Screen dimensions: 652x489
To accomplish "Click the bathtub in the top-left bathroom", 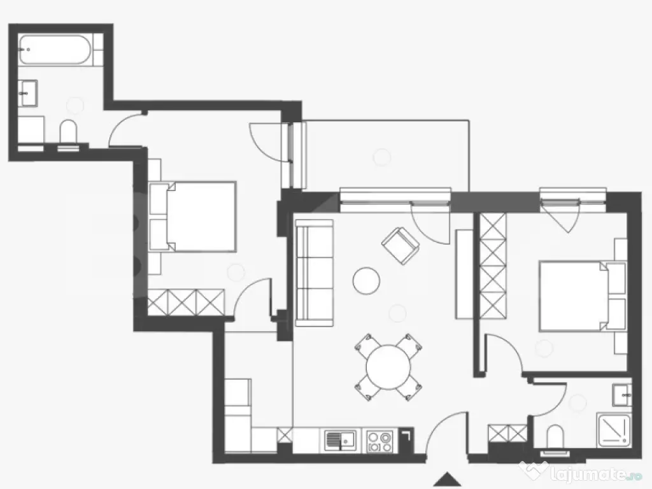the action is pos(55,50).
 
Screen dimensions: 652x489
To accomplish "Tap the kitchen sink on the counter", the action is pos(340,441).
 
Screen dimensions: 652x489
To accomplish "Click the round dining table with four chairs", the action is pos(388,367).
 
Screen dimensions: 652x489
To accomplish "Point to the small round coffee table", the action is pos(366,281).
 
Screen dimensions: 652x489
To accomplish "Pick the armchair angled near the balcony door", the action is pos(400,245).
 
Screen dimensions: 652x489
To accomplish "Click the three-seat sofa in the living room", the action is pos(315,273).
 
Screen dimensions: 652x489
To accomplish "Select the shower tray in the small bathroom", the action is pos(614,430).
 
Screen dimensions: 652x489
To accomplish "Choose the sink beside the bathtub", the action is pos(28,94).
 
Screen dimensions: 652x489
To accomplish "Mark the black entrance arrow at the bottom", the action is pos(447,479).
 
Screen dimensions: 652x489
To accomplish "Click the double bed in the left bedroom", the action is pos(192,216).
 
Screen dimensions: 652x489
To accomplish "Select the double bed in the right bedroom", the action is pos(583,296).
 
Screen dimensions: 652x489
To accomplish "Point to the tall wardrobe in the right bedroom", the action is pos(493,266).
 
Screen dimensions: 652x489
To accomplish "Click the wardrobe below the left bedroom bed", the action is pos(186,302).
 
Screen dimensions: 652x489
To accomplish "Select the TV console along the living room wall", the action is pos(464,274).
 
